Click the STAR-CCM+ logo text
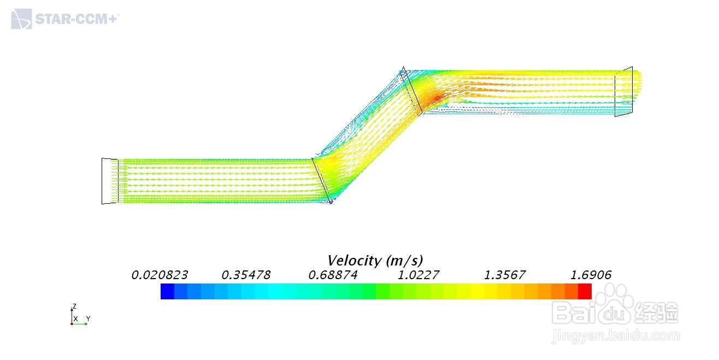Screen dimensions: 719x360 tap(77, 19)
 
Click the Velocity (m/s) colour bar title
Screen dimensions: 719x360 tap(375, 261)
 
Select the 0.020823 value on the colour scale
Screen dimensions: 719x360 tap(160, 275)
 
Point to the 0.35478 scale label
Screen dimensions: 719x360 tap(246, 275)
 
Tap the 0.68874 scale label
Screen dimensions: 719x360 tap(333, 275)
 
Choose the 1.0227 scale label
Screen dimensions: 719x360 tap(419, 275)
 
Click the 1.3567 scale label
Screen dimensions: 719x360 tap(505, 275)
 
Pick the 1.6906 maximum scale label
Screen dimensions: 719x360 tap(591, 275)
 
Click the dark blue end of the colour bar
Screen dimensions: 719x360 tap(167, 291)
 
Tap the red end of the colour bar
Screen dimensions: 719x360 tap(585, 291)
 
